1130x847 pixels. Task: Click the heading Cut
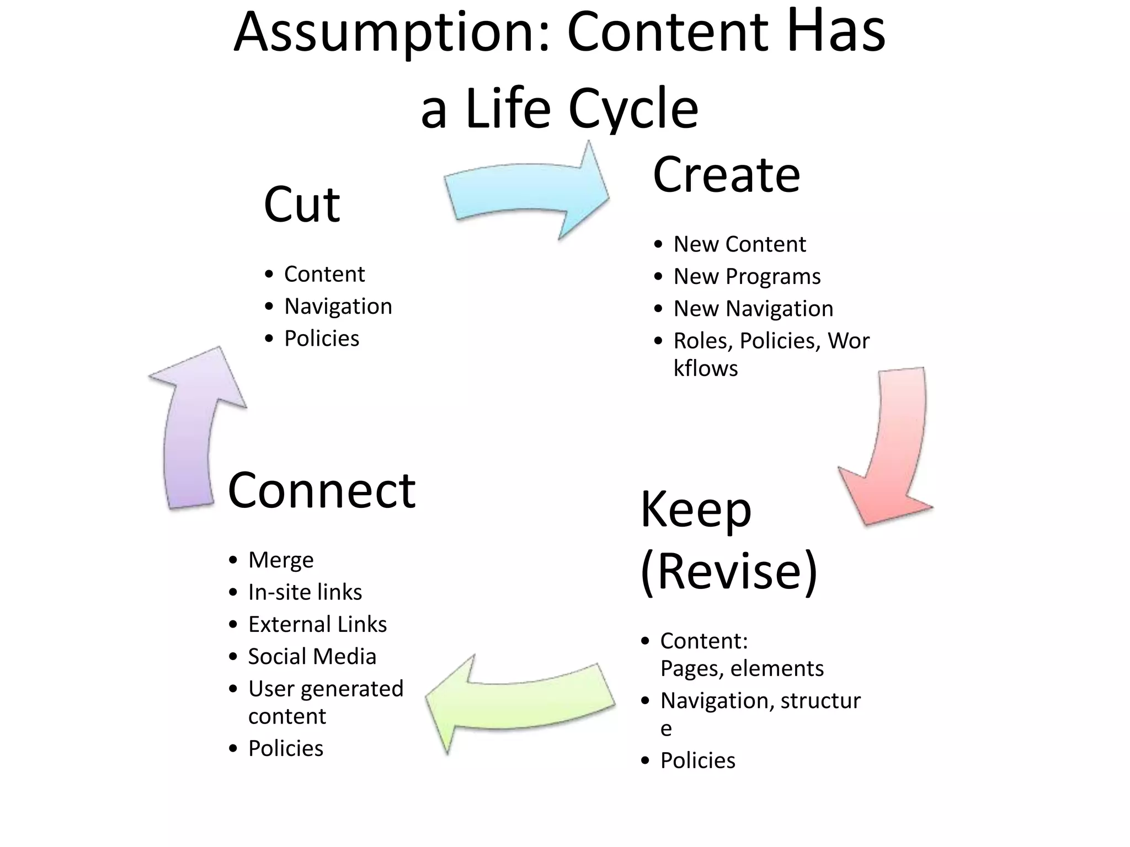point(302,205)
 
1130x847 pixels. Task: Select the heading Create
point(726,175)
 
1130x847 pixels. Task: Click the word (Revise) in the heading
point(728,571)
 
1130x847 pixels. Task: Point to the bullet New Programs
point(747,276)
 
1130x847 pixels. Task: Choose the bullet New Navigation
point(753,309)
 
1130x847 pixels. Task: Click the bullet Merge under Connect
point(281,560)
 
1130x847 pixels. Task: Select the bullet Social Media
point(312,657)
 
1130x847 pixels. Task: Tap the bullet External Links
point(317,625)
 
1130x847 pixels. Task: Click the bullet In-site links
point(305,592)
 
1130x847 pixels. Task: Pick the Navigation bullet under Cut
point(338,307)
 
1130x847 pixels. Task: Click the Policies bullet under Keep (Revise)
point(697,761)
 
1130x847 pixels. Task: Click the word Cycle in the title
point(633,109)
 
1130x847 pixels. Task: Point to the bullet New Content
point(739,244)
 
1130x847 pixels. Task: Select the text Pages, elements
point(742,669)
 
